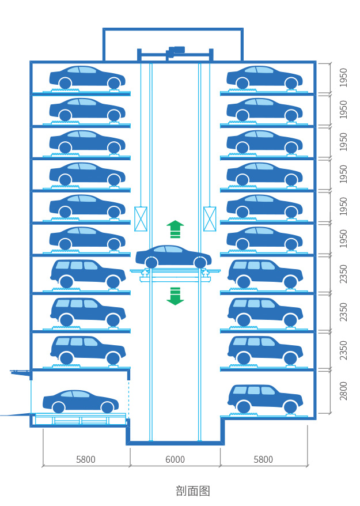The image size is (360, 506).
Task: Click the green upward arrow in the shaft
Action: [x=175, y=228]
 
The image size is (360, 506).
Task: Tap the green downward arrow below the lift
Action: [x=175, y=296]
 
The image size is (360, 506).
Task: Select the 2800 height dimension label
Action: [x=343, y=391]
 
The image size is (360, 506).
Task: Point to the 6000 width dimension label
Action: [x=175, y=459]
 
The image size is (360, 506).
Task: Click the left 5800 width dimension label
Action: [x=86, y=459]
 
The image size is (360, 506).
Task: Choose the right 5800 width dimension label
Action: [x=263, y=459]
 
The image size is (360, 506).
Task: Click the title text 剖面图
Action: [x=193, y=491]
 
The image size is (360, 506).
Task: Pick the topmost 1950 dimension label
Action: [x=343, y=77]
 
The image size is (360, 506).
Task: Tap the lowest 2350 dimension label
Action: [x=343, y=350]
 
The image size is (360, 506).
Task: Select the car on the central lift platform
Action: [x=173, y=256]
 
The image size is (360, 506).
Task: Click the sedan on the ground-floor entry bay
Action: [x=81, y=401]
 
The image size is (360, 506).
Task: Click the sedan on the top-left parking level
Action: [x=87, y=78]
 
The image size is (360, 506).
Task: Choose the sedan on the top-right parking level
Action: [x=264, y=78]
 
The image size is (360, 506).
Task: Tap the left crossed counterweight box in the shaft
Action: [x=141, y=219]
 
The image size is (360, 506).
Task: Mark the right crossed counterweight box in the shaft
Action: [x=210, y=219]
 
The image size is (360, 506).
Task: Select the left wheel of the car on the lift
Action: [x=151, y=263]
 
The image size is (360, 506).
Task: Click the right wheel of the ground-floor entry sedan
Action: [x=107, y=407]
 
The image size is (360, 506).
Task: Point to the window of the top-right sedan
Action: [x=259, y=70]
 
